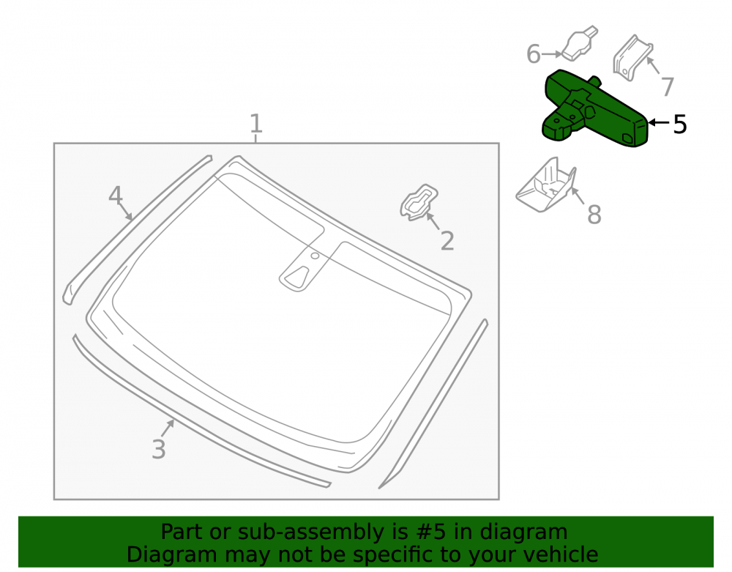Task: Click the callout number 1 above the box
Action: [255, 123]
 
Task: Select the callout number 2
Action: [447, 241]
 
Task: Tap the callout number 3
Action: [159, 449]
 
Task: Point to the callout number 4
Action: [116, 195]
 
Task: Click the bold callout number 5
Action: [680, 125]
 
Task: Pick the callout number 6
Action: [533, 54]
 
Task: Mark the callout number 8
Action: [594, 215]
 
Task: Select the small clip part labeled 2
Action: [419, 203]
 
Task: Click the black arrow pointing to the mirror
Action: [659, 123]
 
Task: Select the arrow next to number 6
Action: [552, 54]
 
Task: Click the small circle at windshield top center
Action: [315, 256]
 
